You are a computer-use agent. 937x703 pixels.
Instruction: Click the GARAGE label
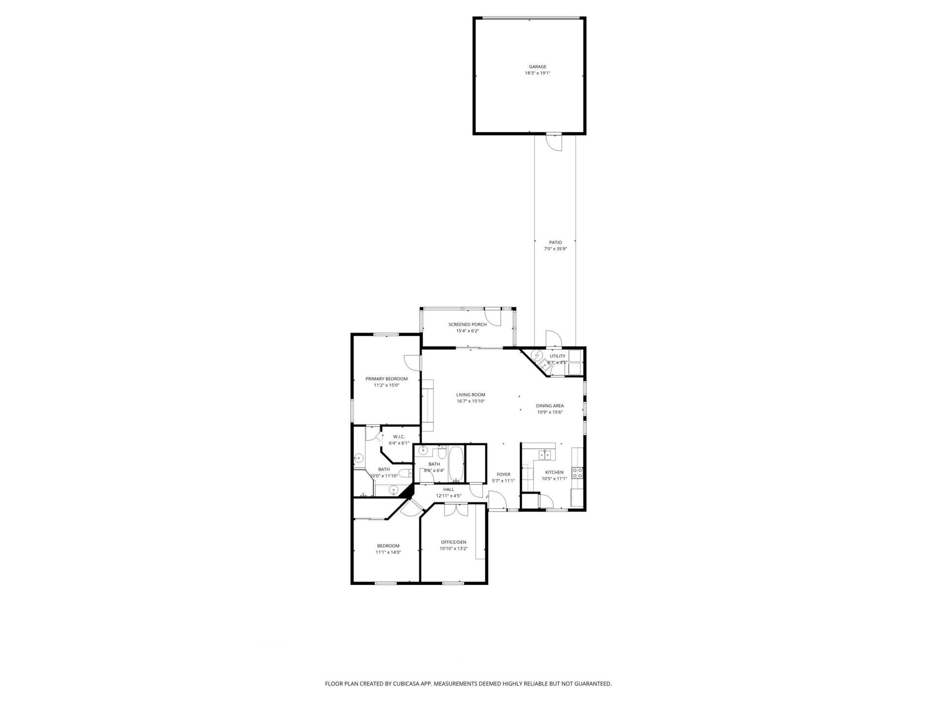click(x=537, y=67)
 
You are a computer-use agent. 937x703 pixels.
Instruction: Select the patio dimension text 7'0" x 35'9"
click(x=555, y=248)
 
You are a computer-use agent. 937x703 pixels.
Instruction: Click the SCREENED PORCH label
click(x=468, y=324)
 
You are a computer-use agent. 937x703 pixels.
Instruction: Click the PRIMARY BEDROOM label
click(x=387, y=379)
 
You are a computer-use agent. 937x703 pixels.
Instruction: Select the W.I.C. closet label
click(x=399, y=436)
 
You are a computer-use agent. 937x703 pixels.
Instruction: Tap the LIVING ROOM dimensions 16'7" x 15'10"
click(x=470, y=401)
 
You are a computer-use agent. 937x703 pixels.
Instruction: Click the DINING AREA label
click(x=550, y=406)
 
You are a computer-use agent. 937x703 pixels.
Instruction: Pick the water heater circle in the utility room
click(x=537, y=355)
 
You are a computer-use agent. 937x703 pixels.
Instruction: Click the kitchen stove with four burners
click(x=577, y=473)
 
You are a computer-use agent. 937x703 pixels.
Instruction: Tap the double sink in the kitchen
click(x=545, y=455)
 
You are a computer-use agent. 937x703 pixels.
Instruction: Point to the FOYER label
click(x=503, y=475)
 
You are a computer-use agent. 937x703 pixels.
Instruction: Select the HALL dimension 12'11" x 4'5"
click(x=448, y=496)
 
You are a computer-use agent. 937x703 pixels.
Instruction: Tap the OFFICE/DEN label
click(x=453, y=542)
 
